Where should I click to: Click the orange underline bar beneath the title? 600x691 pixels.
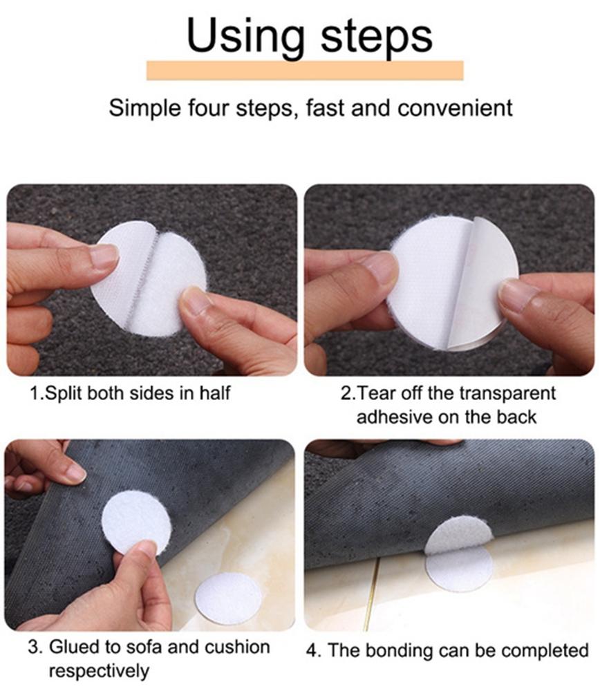(305, 70)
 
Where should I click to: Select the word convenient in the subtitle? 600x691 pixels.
(455, 108)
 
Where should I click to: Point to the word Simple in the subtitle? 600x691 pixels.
(144, 109)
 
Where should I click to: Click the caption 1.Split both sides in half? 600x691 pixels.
(130, 392)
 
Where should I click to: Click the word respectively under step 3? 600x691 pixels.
(99, 672)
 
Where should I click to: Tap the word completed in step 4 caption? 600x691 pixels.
(545, 651)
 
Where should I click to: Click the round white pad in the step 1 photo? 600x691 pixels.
(149, 278)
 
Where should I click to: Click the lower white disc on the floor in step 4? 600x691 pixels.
(460, 568)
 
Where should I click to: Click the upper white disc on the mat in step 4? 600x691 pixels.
(458, 536)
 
